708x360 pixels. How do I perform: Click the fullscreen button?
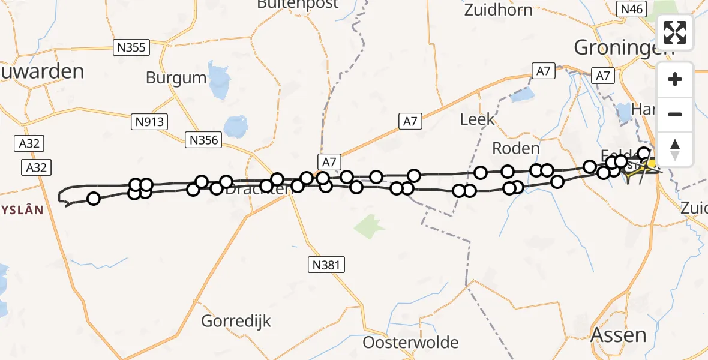[675, 32]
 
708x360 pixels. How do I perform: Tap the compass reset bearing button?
[675, 149]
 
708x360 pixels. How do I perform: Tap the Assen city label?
[619, 335]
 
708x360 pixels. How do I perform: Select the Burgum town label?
[176, 78]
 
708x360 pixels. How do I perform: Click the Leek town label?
[478, 119]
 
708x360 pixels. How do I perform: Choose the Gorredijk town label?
[236, 320]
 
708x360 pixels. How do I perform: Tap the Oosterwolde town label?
[410, 343]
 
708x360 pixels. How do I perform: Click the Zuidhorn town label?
[498, 10]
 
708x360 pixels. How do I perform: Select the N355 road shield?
[131, 47]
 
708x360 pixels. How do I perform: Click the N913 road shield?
[149, 122]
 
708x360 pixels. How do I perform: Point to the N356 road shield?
[204, 140]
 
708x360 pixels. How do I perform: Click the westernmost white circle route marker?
[94, 199]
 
